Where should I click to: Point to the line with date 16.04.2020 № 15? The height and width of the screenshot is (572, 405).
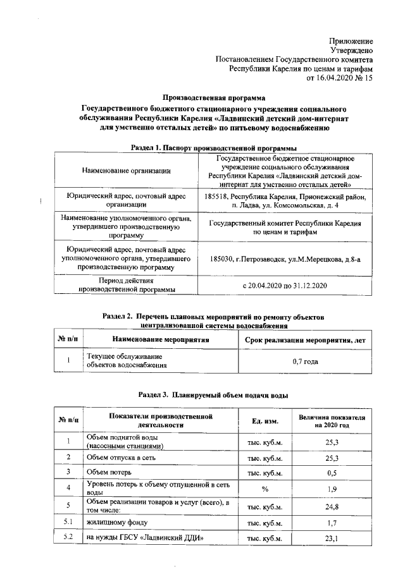pyautogui.click(x=340, y=78)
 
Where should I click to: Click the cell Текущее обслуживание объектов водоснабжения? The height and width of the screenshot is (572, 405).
pyautogui.click(x=126, y=361)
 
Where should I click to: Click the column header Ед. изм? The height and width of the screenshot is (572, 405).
pyautogui.click(x=262, y=422)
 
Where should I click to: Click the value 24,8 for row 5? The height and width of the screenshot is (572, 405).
pyautogui.click(x=332, y=506)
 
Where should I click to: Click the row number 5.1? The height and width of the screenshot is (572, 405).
pyautogui.click(x=68, y=523)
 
